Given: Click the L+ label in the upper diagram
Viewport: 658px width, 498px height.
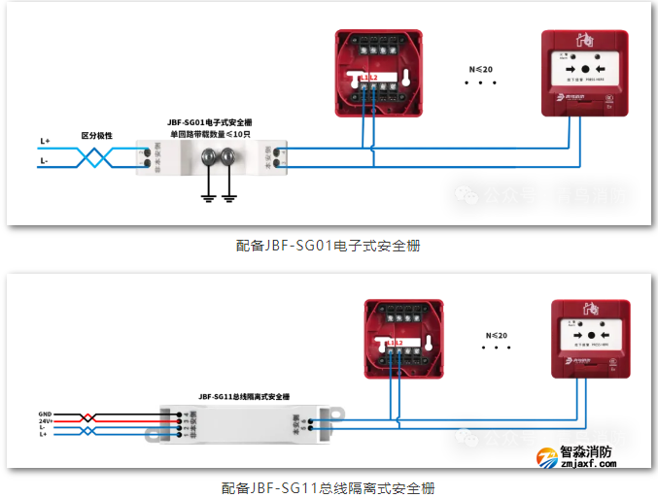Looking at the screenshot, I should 45,142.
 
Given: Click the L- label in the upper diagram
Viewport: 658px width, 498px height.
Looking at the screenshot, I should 44,161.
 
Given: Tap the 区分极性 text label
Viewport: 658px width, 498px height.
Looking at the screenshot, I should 96,136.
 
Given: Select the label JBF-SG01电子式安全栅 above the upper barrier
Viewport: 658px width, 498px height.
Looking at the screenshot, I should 210,122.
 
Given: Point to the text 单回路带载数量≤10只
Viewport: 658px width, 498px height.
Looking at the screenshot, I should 210,134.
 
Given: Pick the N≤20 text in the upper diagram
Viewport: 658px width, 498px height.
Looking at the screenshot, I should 481,70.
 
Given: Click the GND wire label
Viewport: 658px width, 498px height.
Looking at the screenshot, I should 45,414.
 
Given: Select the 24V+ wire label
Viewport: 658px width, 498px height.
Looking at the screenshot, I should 45,420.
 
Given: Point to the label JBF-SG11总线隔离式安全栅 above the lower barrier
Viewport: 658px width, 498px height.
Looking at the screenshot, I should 244,396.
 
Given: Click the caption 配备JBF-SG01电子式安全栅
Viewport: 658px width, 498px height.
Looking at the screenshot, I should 328,246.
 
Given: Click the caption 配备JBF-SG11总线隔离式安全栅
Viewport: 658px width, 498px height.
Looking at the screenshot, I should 328,486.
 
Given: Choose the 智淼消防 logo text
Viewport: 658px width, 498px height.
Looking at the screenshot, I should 587,451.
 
